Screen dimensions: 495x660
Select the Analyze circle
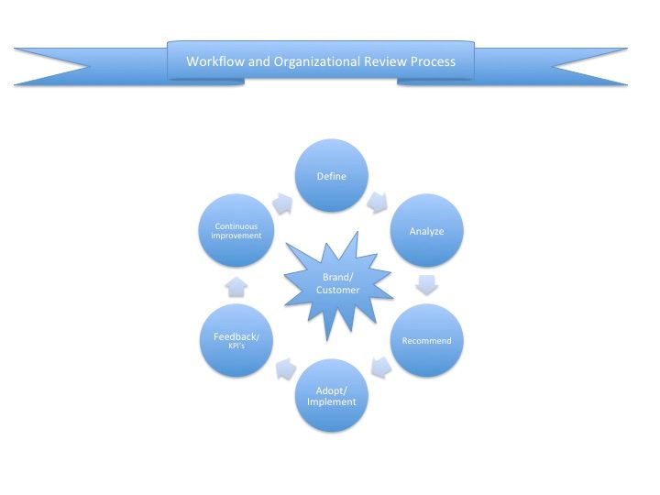(426, 231)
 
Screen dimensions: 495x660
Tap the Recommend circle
(426, 341)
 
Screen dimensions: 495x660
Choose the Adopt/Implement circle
(330, 396)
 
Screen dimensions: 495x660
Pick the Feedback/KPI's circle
(236, 341)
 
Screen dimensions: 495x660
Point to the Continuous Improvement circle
(236, 230)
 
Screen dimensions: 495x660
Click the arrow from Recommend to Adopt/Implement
(379, 369)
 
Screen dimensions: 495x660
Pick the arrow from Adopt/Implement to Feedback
(283, 369)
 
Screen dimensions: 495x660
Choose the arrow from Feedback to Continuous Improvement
(236, 286)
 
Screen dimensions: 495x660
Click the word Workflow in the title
(212, 62)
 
